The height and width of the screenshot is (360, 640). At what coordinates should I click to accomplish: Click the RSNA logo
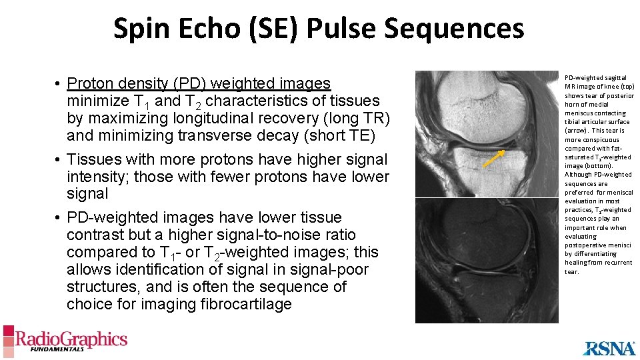click(609, 348)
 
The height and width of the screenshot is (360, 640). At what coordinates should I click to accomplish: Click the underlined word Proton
click(91, 83)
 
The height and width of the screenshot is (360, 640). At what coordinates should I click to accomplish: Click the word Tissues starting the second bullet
click(94, 159)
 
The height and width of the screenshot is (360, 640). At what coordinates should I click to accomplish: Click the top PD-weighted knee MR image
click(486, 133)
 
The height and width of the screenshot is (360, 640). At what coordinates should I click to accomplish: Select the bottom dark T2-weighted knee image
click(486, 260)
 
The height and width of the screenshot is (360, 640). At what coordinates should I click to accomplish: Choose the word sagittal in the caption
click(613, 78)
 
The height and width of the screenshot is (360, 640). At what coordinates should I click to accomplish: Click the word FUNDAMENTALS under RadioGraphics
click(51, 349)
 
